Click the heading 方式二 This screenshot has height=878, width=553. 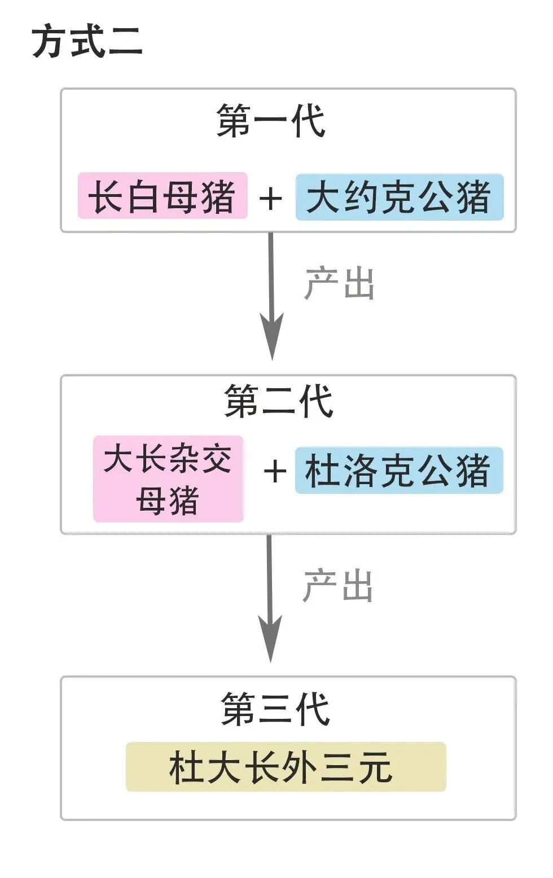(87, 42)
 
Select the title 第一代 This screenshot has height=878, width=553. (271, 121)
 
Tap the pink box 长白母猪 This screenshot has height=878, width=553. (163, 196)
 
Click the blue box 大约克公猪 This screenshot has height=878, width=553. (399, 197)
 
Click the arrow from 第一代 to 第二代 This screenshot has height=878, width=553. (271, 282)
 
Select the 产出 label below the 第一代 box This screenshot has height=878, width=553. (339, 283)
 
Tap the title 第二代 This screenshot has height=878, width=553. (279, 401)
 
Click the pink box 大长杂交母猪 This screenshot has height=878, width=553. (168, 478)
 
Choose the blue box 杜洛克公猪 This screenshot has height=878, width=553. (398, 471)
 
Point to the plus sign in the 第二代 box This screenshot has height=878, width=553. (275, 471)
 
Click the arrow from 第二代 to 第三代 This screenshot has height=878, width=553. (270, 587)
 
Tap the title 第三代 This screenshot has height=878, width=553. (275, 709)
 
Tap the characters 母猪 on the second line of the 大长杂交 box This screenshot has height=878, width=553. (168, 501)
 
